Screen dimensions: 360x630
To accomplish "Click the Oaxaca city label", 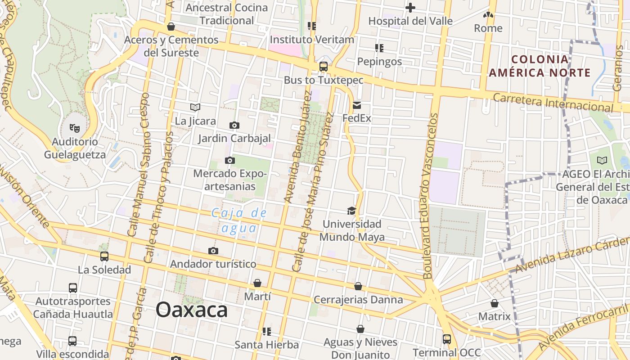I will tap(192, 310).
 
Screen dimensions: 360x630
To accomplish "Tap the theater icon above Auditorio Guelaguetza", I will tap(75, 128).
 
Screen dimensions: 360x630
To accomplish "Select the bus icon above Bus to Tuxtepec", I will tap(323, 67).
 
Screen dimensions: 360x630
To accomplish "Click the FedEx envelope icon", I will tap(357, 106).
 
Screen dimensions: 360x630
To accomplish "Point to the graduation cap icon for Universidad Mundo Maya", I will tap(351, 211).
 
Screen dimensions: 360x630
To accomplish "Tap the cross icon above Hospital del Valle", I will tap(410, 8).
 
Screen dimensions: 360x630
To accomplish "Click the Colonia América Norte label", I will tap(540, 66).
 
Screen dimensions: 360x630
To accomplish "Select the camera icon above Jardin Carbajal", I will tap(234, 125).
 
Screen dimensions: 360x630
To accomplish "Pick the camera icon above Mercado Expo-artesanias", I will tap(230, 160).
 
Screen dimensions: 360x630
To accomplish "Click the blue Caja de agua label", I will tap(239, 220).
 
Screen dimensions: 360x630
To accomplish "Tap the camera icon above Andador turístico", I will tap(213, 251).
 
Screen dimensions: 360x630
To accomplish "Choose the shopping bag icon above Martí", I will tap(257, 283).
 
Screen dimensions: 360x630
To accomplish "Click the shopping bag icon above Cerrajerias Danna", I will tap(358, 286).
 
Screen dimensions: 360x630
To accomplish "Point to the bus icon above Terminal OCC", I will tap(447, 339).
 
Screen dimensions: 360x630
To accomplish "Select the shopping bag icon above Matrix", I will tap(495, 303).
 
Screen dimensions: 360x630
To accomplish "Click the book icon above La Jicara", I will tap(195, 107).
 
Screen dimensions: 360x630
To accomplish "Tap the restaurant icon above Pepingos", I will tap(379, 48).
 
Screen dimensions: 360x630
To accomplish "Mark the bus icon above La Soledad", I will tap(104, 256).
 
